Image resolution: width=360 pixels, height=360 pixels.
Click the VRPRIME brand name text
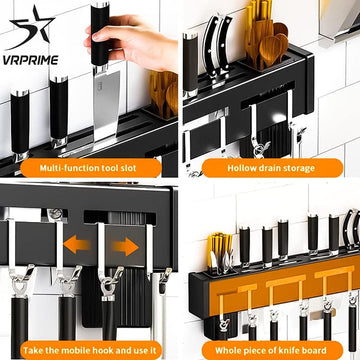click(31, 60)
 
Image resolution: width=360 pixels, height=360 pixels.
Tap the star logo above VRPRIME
click(31, 28)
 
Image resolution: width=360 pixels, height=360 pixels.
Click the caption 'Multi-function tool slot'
click(88, 168)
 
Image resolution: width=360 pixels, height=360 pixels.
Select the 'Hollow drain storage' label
click(271, 168)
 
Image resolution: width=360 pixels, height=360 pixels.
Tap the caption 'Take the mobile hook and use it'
click(89, 350)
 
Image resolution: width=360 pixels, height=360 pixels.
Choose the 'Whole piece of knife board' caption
click(271, 350)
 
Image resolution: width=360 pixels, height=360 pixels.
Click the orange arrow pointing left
click(76, 245)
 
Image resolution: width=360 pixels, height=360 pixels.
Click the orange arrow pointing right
click(125, 247)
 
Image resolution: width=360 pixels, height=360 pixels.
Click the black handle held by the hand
click(100, 35)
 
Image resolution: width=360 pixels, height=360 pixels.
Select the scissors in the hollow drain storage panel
click(217, 50)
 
